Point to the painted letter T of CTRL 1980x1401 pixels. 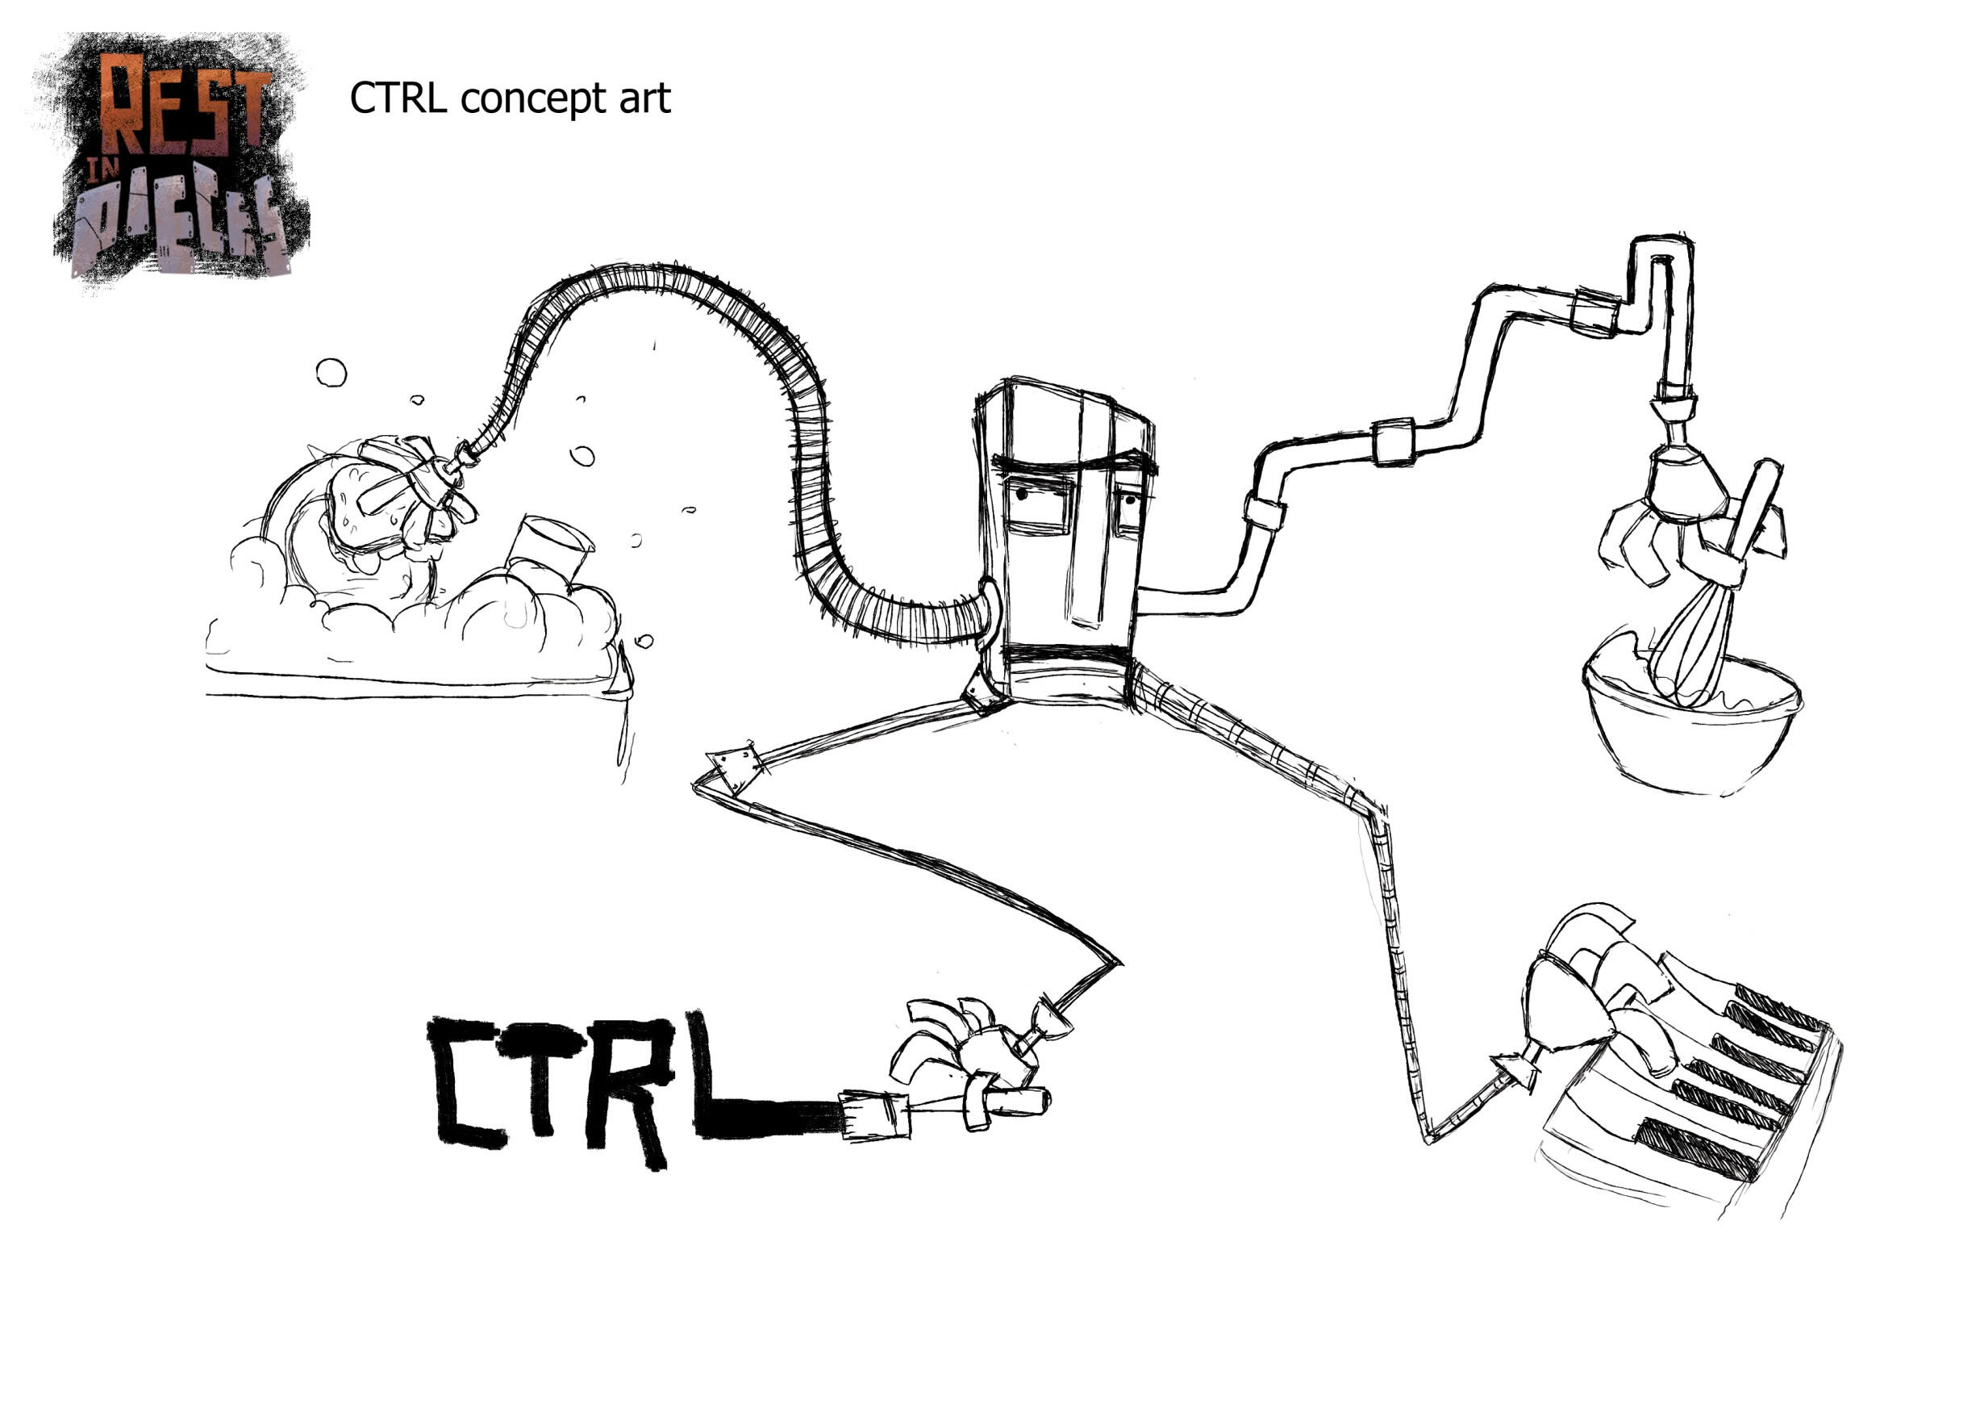coord(541,1070)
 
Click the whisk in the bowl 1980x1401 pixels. coord(1694,638)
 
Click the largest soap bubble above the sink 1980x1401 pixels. coord(331,373)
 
